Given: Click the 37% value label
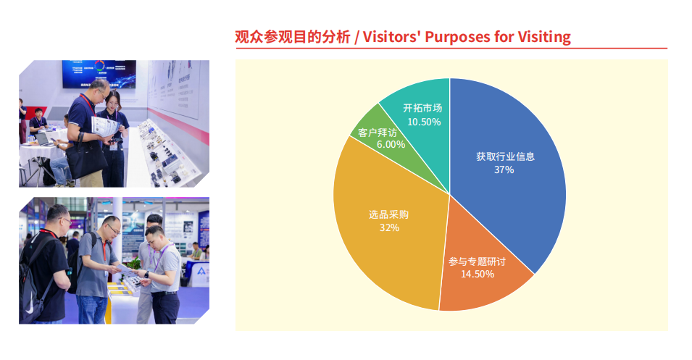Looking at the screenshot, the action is pyautogui.click(x=504, y=169).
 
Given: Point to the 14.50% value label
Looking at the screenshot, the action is pyautogui.click(x=478, y=274).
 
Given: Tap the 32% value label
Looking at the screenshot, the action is pyautogui.click(x=389, y=227).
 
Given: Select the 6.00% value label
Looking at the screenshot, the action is pyautogui.click(x=391, y=145).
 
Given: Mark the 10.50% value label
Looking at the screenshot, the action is pyautogui.click(x=424, y=122).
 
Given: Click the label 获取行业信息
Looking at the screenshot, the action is pyautogui.click(x=505, y=156).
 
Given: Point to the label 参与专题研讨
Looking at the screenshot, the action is pyautogui.click(x=477, y=261).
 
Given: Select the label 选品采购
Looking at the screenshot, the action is pyautogui.click(x=389, y=215).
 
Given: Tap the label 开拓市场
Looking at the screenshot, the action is pyautogui.click(x=422, y=109).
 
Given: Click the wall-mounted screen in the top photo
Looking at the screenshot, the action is pyautogui.click(x=99, y=74).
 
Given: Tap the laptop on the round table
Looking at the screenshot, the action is pyautogui.click(x=44, y=140).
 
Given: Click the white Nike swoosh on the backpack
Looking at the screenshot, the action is pyautogui.click(x=29, y=309).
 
